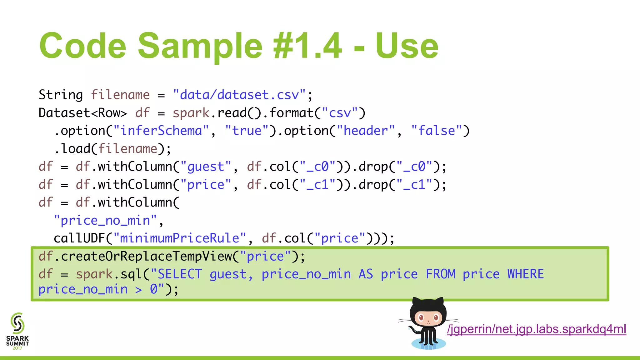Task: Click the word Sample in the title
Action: coord(200,46)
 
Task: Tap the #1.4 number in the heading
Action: coord(307,46)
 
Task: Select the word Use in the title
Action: coord(407,46)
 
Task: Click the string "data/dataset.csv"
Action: coord(239,95)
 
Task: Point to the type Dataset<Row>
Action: coord(83,113)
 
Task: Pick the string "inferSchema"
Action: coord(161,131)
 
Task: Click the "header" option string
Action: coord(366,131)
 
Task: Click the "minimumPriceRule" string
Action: coord(180,238)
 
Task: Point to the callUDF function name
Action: coord(79,238)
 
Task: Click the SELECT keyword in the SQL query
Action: coord(180,274)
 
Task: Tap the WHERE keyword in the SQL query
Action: coord(525,274)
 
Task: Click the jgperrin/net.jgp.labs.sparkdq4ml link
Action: coord(537,329)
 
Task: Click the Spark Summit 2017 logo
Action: coord(17,331)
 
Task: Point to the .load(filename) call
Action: coord(112,149)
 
